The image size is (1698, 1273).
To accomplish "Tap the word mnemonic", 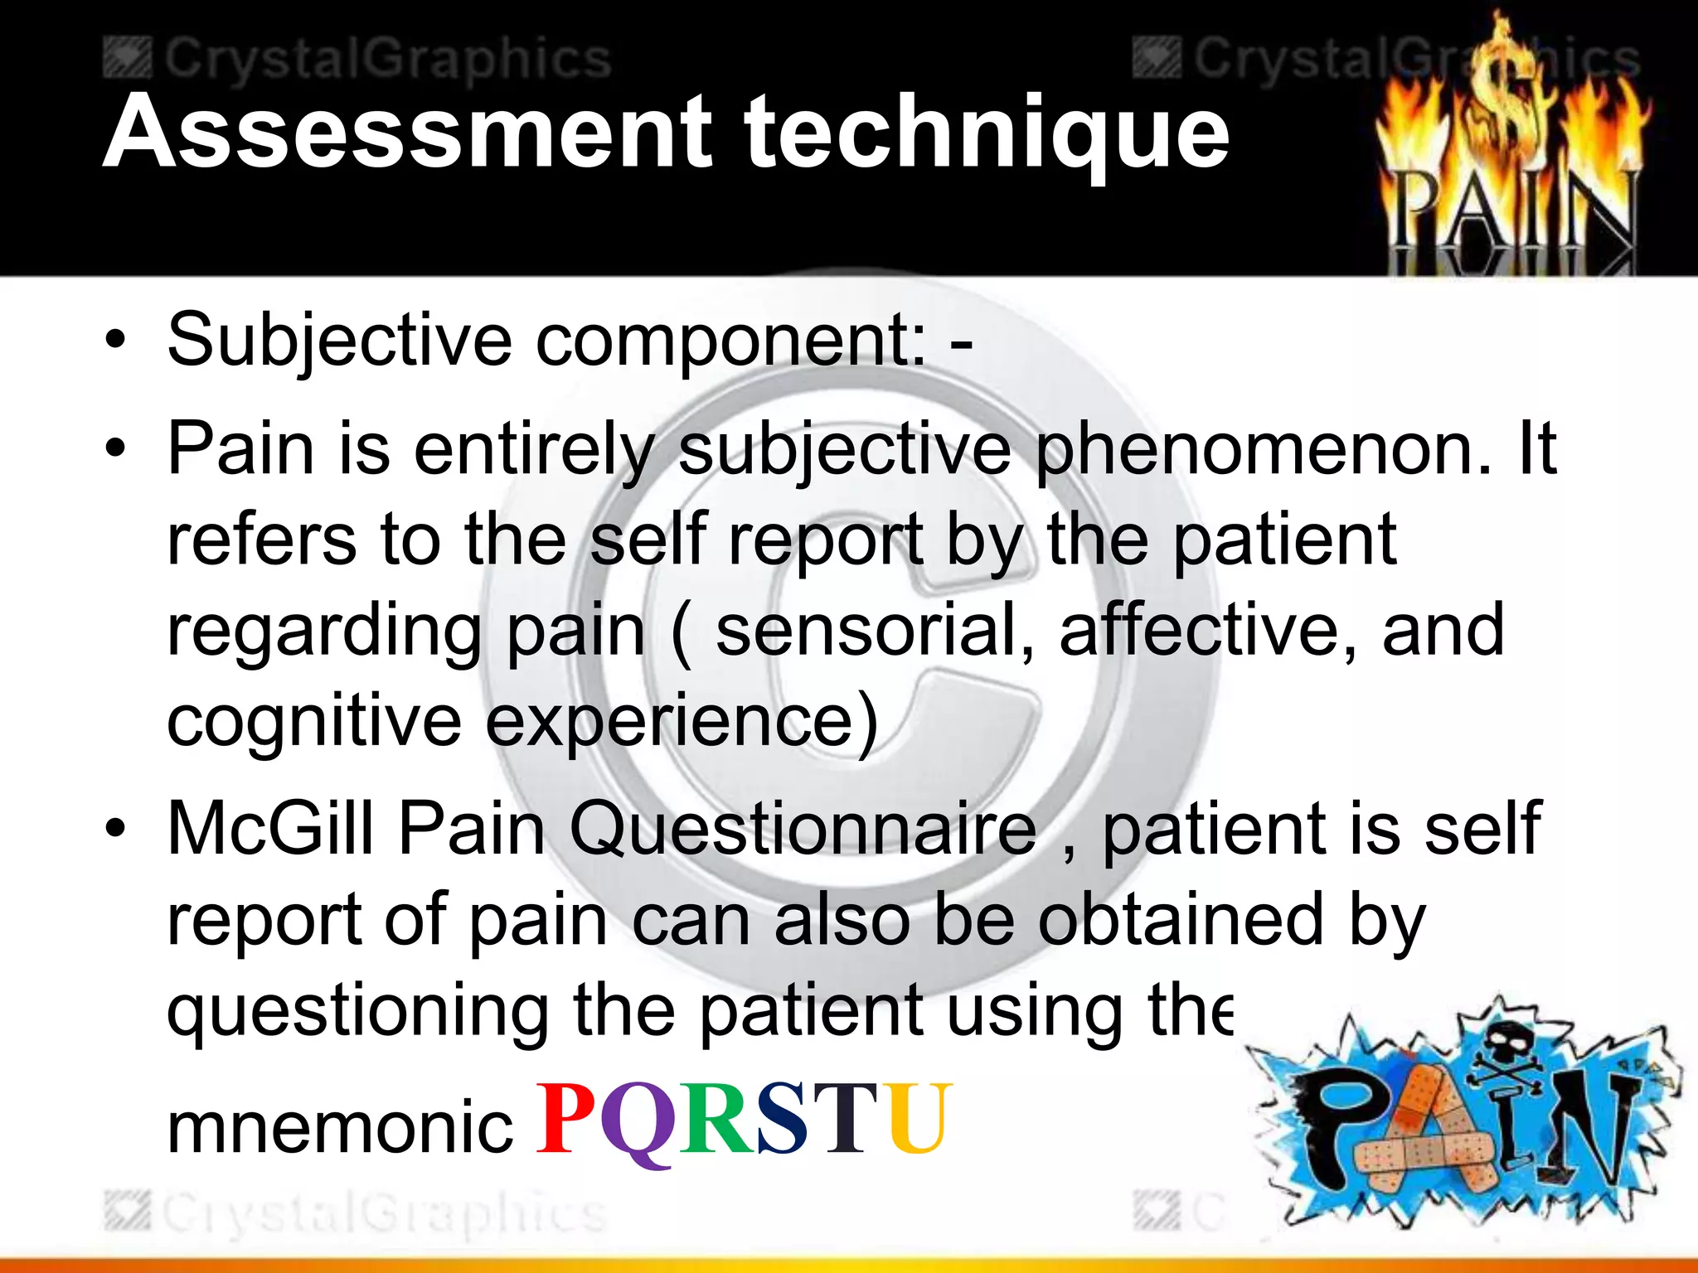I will pyautogui.click(x=340, y=1127).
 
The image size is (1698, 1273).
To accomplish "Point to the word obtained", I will pyautogui.click(x=1181, y=920).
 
